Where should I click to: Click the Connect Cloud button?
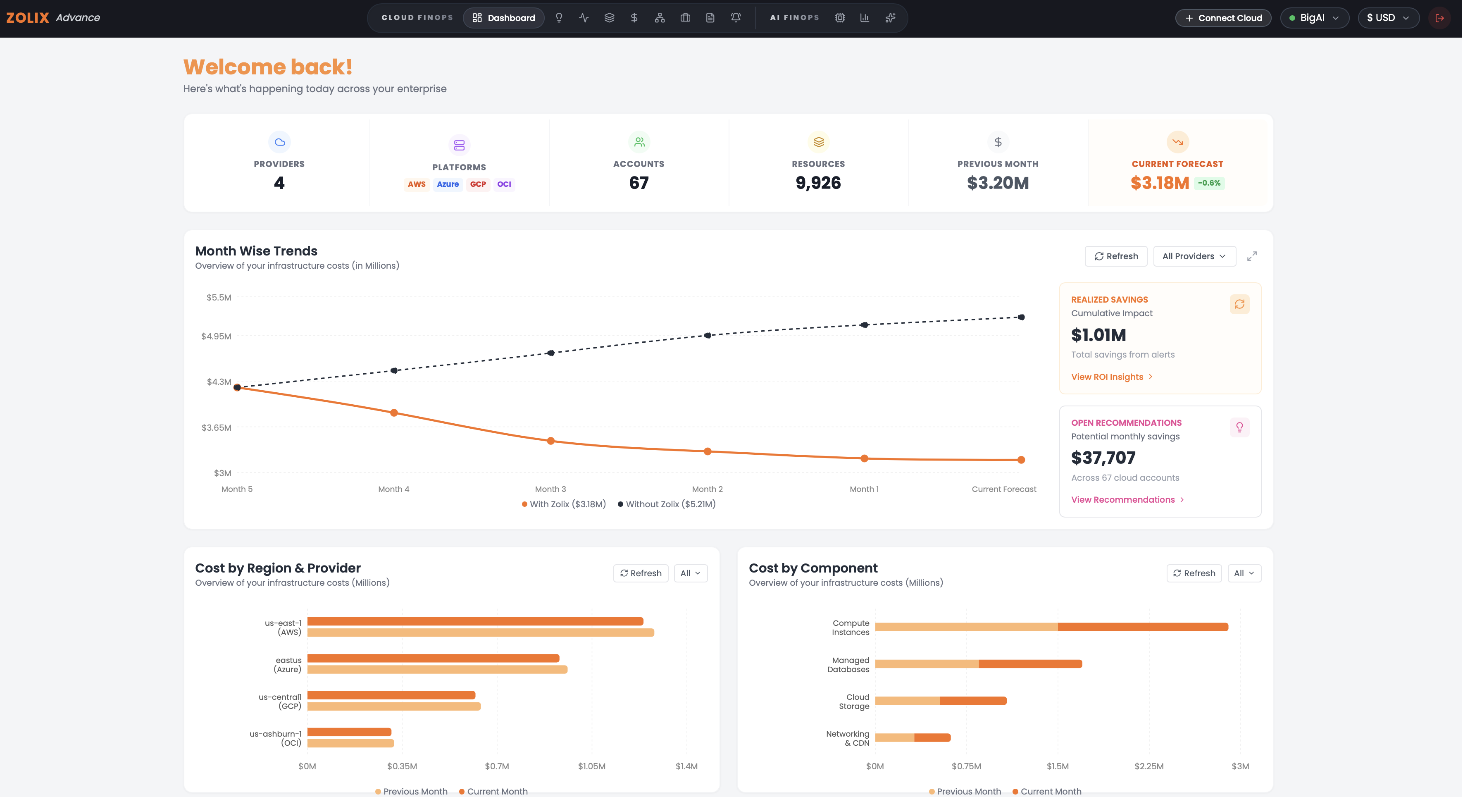click(1223, 18)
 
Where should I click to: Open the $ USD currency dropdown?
click(1387, 18)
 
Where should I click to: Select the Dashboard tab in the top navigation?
click(503, 18)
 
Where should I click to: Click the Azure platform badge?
click(448, 184)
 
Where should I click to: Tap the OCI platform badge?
click(504, 184)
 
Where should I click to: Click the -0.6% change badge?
click(1209, 183)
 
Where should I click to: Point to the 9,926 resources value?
click(818, 183)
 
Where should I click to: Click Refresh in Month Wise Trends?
click(1116, 256)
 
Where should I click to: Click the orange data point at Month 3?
click(550, 441)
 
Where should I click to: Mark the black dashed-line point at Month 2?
click(707, 335)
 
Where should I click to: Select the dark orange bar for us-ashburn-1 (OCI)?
click(349, 732)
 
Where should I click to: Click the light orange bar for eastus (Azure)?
click(437, 670)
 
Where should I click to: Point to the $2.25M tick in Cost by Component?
click(1149, 766)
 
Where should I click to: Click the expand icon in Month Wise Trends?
click(1252, 256)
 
